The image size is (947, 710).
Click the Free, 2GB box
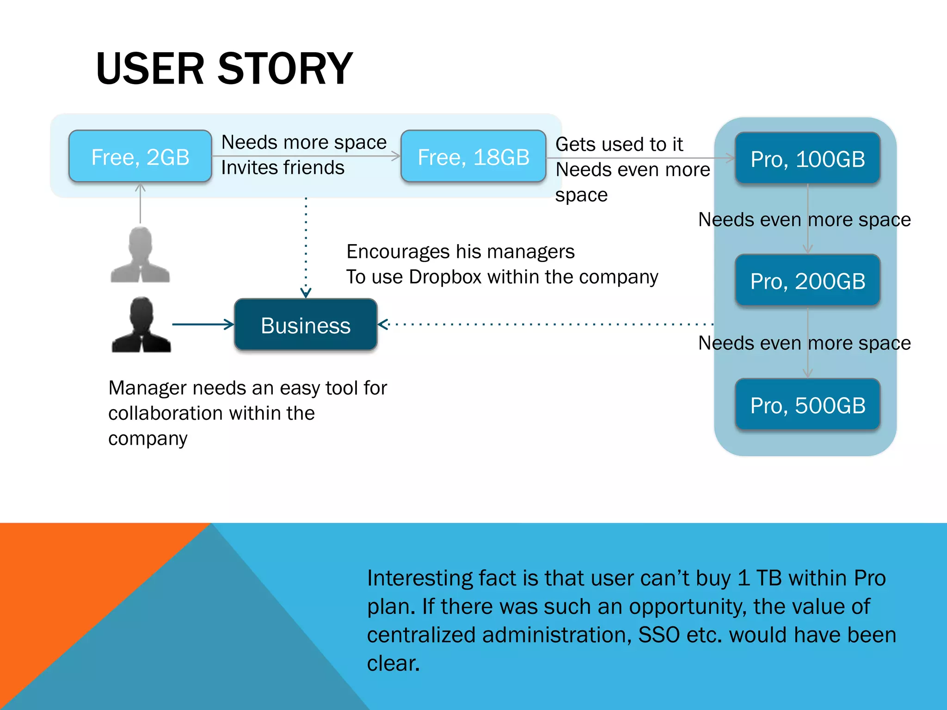140,157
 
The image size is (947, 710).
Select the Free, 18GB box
473,157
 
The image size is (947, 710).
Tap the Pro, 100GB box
807,159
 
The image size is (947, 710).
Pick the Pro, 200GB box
807,281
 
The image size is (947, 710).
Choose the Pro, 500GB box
807,405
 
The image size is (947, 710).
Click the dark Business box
306,325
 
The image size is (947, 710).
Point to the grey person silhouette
140,255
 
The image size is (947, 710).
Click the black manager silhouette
141,325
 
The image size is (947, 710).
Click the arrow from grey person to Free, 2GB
140,203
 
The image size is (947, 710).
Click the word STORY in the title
285,69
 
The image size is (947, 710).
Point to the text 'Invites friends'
283,167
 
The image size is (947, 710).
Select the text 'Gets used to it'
619,144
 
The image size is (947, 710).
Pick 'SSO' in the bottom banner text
659,635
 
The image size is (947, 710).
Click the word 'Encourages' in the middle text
398,252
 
